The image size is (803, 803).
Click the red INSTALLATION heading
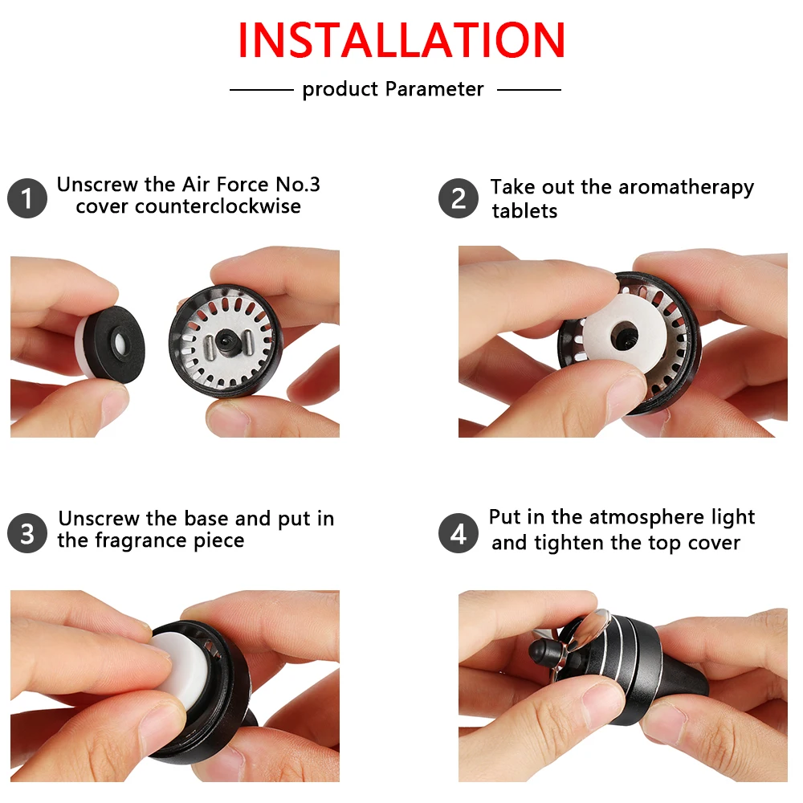[x=401, y=40]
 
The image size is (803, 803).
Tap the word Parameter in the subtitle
[x=434, y=89]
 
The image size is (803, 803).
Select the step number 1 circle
[x=27, y=198]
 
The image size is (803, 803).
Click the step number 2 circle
[x=459, y=198]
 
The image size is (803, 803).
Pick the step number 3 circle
[x=27, y=533]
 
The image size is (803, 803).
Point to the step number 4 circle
[x=459, y=533]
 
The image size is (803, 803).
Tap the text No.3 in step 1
[x=298, y=185]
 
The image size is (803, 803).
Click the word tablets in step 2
[x=524, y=211]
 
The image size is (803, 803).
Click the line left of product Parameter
[x=261, y=90]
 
